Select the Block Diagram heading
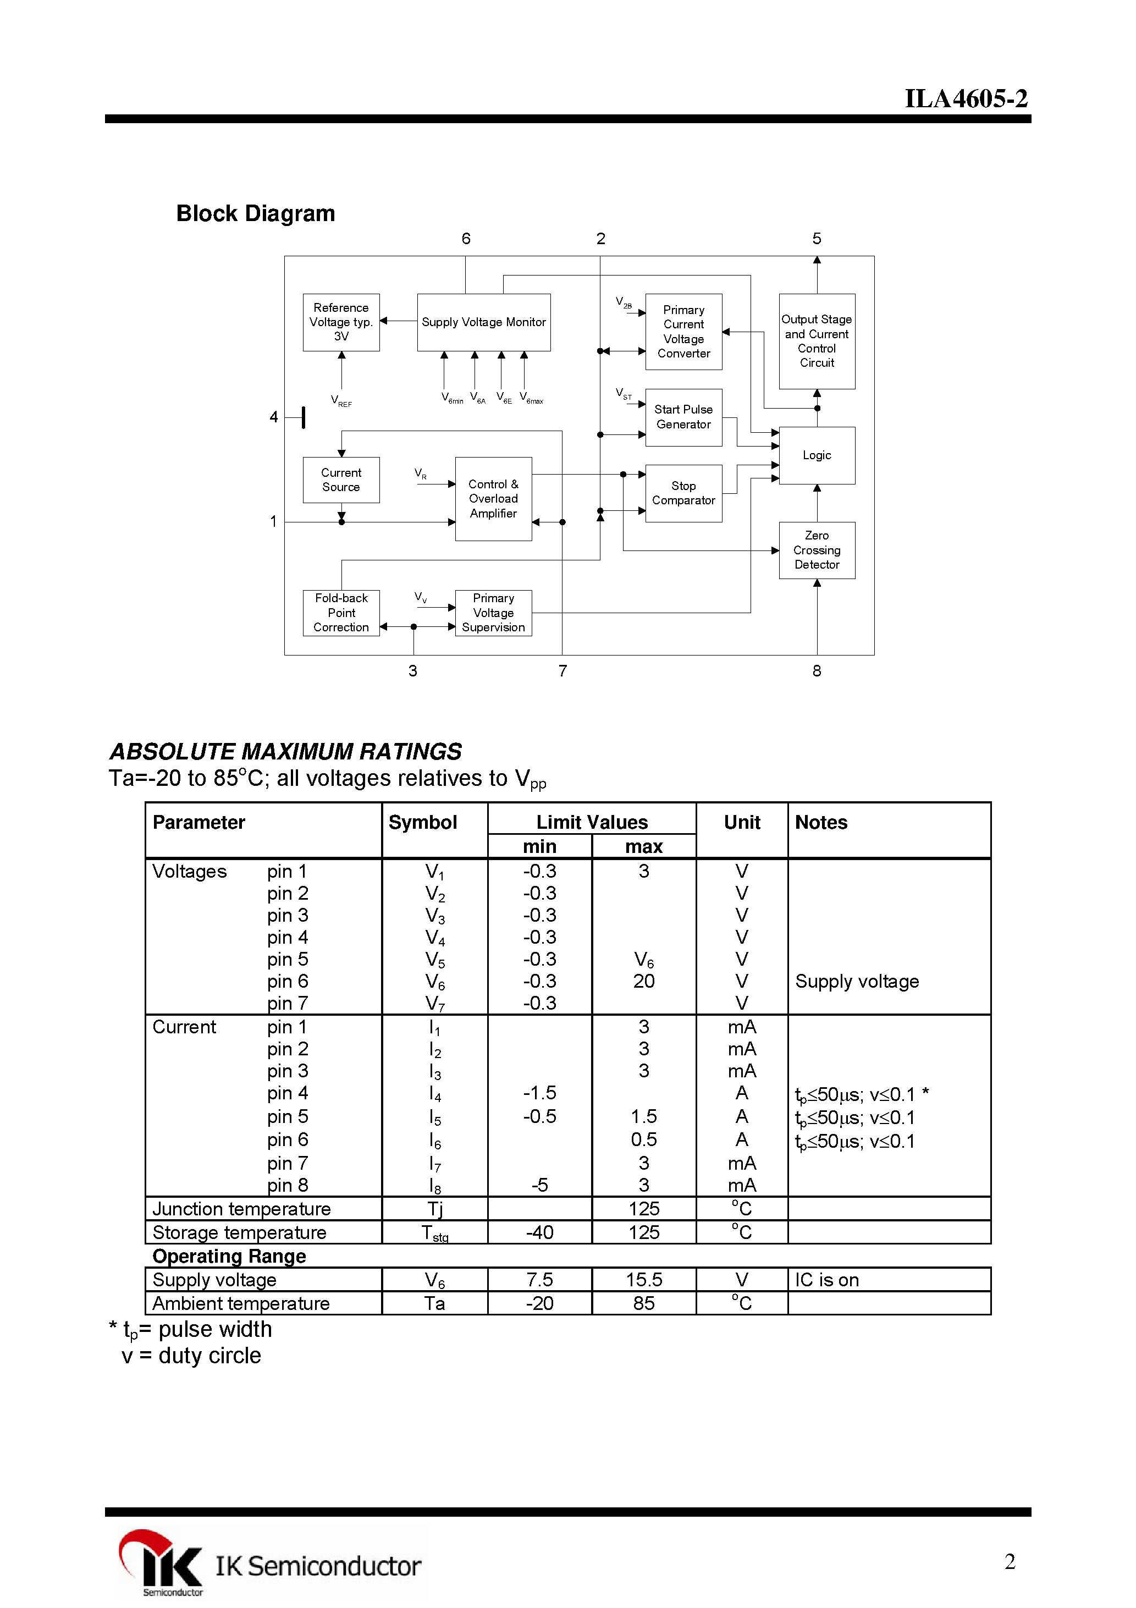point(255,213)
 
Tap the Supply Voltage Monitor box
point(483,322)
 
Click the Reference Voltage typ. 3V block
point(341,322)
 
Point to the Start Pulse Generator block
point(683,417)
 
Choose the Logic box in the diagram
point(817,455)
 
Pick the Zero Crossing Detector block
point(817,550)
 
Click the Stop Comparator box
point(683,493)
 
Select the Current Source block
point(341,480)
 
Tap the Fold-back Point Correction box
point(341,613)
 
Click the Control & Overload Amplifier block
point(493,499)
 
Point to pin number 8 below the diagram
point(817,671)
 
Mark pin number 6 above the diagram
point(466,239)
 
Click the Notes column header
point(821,822)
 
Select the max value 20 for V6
point(644,981)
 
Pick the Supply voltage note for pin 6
point(857,981)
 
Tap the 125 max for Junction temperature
point(644,1209)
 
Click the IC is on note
point(826,1280)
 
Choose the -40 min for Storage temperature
point(539,1232)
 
